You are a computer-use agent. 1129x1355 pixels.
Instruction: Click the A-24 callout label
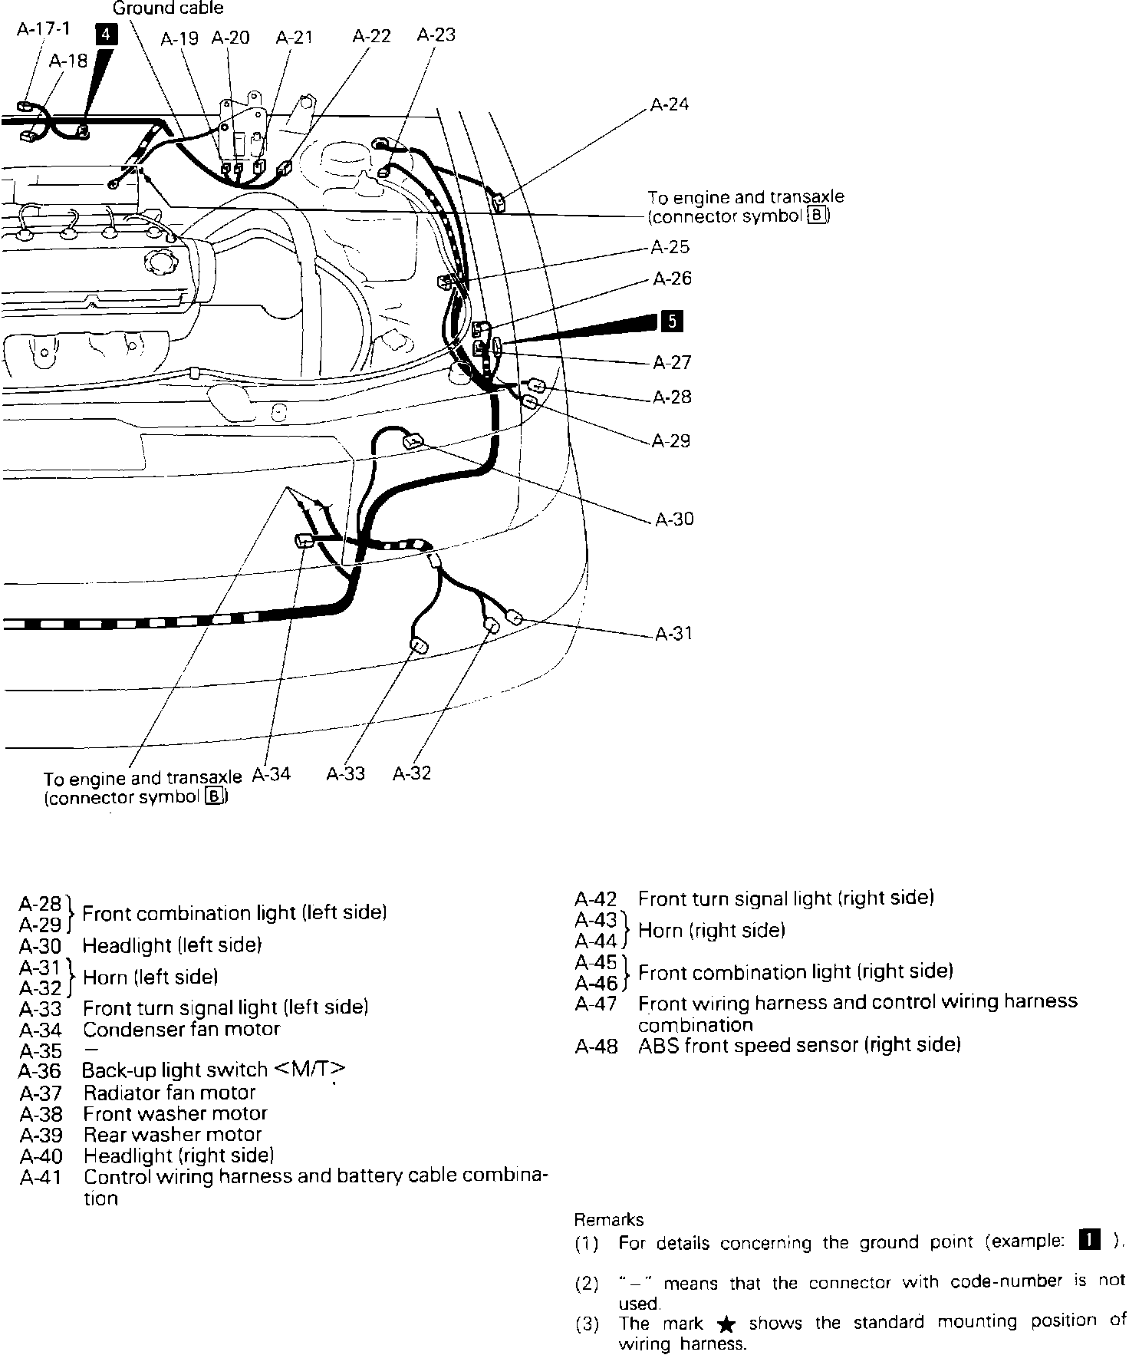669,104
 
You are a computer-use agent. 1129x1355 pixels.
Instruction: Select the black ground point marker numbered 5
672,321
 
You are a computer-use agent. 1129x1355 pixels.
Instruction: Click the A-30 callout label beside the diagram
673,519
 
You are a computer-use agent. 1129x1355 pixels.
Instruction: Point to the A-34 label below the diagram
272,773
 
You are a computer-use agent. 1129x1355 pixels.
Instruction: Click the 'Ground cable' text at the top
168,8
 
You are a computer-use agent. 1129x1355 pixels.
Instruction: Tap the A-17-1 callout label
43,29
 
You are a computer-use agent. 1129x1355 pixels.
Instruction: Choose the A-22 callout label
371,36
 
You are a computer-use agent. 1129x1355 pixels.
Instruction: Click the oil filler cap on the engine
164,262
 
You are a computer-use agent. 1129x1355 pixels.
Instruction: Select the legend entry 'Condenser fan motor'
181,1029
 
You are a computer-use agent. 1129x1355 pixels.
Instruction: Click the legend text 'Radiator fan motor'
169,1092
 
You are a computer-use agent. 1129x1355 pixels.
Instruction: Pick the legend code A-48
595,1046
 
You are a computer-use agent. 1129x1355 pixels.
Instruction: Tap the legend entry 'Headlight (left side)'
172,945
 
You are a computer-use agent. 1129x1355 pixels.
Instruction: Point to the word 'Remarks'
609,1219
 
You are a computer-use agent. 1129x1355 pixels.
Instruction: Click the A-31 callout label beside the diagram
673,634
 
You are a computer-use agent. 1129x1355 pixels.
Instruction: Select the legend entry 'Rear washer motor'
173,1134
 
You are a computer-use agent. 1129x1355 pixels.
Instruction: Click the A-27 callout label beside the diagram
672,362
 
